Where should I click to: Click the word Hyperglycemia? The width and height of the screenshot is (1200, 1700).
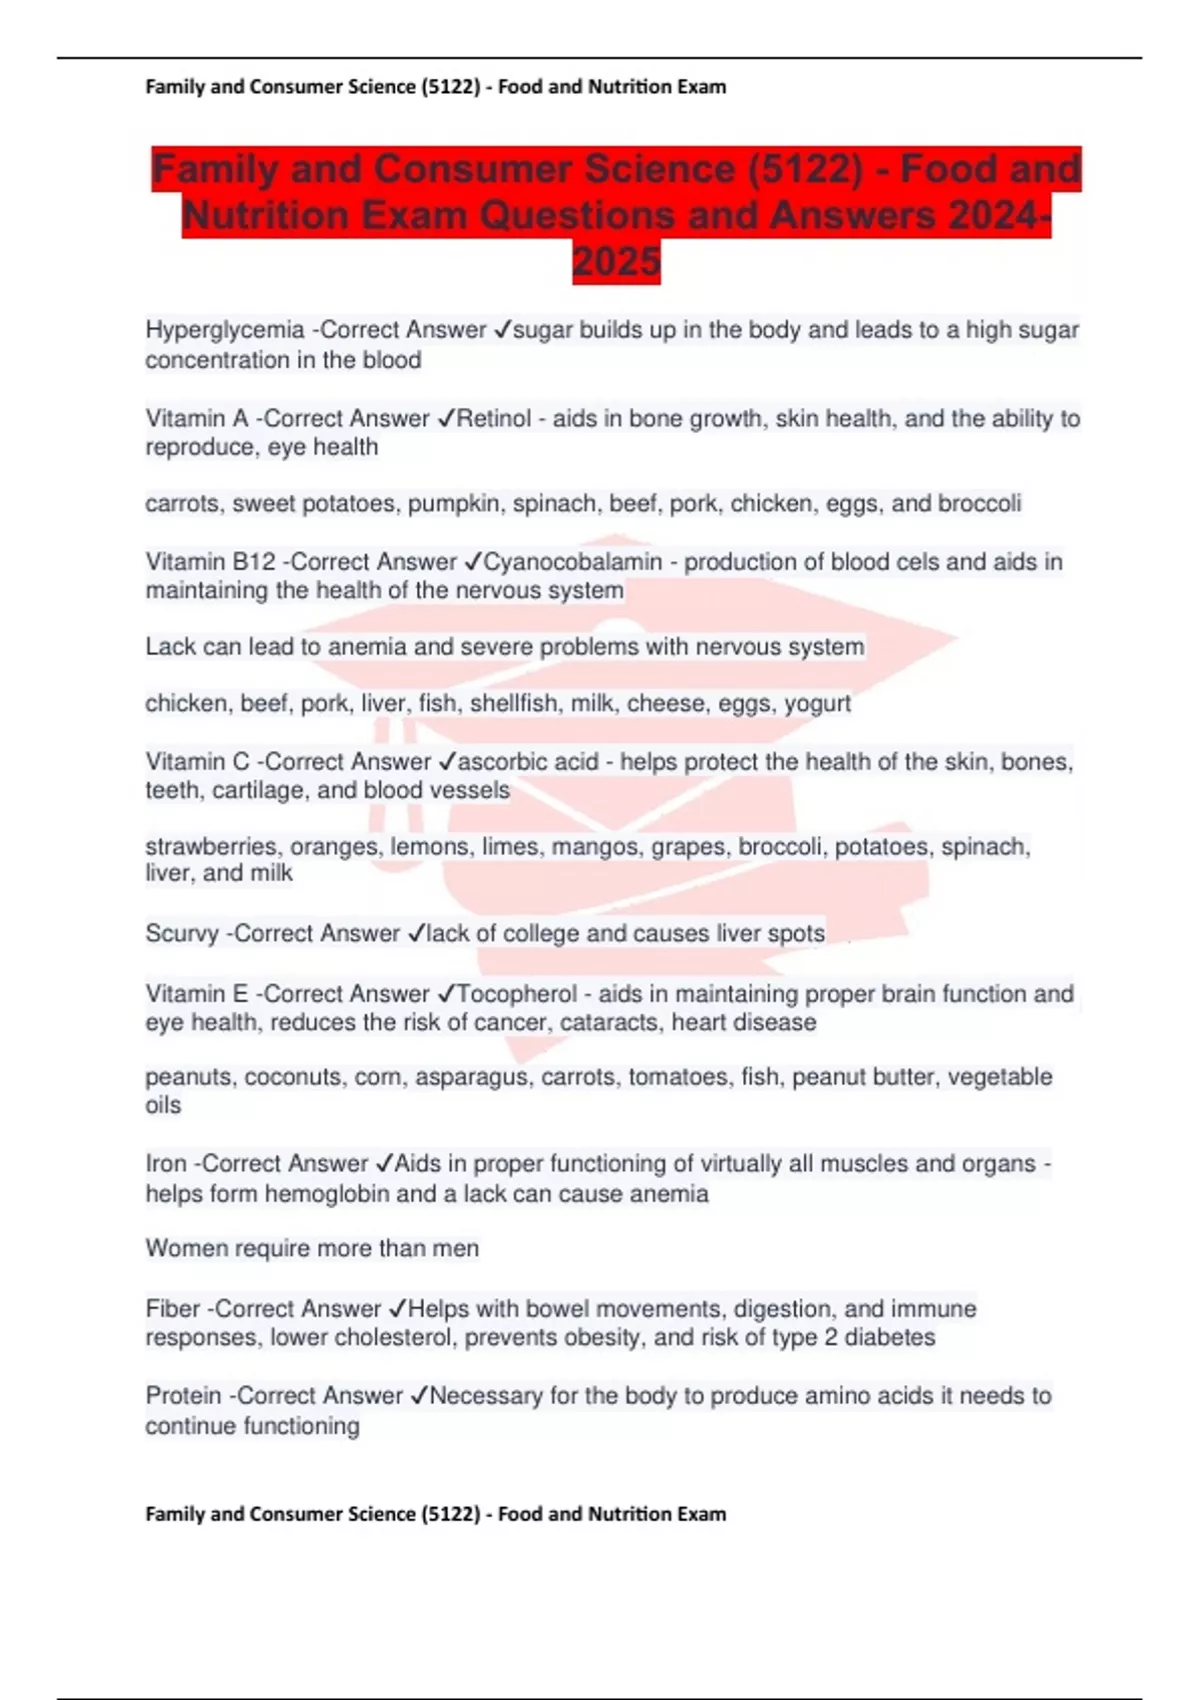click(225, 330)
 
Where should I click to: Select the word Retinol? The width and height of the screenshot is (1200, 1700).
click(494, 418)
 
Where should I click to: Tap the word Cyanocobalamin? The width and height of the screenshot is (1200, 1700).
click(573, 562)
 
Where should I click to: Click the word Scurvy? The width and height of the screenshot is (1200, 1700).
click(182, 934)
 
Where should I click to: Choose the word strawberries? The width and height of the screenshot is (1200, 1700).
click(213, 847)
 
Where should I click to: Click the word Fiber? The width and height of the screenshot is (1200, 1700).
click(173, 1309)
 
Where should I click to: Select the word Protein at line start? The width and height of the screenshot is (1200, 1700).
click(183, 1396)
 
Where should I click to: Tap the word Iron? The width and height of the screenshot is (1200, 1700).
click(166, 1164)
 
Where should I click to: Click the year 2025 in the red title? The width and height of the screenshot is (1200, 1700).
click(616, 262)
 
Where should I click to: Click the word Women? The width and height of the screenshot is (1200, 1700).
click(185, 1249)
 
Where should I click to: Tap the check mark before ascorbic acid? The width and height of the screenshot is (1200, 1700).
click(446, 762)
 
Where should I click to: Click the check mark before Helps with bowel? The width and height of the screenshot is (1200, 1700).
click(396, 1309)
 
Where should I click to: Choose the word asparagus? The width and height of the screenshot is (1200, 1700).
click(475, 1077)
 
